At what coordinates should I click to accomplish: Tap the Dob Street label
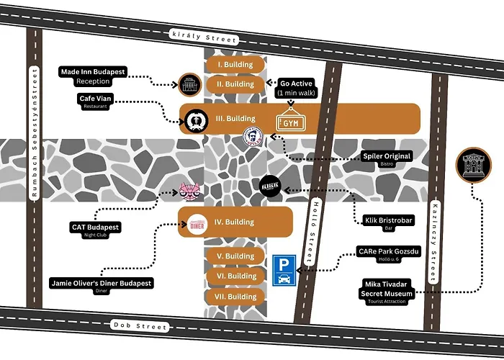pos(140,326)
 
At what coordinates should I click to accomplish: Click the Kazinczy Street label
pos(435,234)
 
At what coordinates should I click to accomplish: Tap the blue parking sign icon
pos(282,269)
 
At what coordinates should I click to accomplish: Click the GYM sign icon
pos(290,122)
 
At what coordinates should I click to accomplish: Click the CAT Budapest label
pos(95,228)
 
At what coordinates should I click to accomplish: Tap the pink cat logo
pos(189,191)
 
